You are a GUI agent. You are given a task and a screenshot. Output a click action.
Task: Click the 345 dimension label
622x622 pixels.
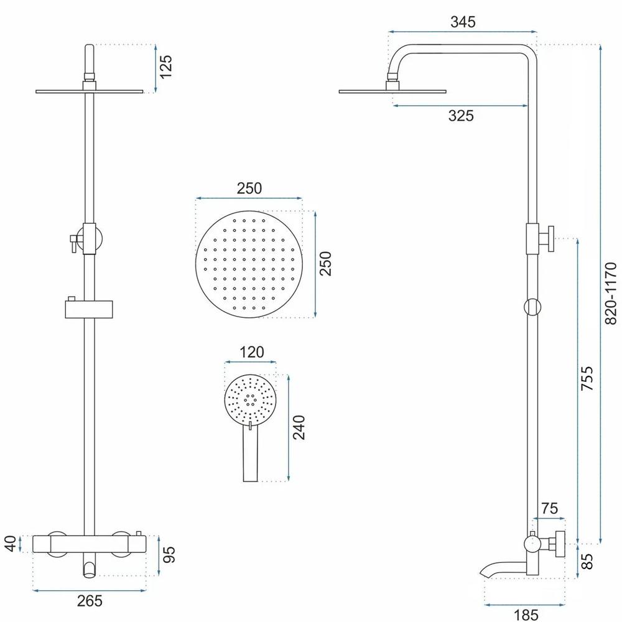click(463, 22)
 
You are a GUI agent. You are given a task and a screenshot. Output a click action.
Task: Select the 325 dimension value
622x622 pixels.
click(461, 116)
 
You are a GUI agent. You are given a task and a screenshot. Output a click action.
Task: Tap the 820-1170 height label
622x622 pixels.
click(610, 293)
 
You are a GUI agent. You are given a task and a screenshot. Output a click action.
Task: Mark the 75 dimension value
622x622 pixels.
click(550, 508)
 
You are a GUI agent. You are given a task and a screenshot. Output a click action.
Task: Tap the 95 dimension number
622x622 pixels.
click(169, 554)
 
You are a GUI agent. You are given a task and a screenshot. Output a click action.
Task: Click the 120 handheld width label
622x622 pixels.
click(252, 352)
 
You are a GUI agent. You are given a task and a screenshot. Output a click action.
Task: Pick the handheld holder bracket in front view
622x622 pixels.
click(90, 308)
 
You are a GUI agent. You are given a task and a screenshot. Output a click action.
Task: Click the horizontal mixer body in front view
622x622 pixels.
click(90, 544)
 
